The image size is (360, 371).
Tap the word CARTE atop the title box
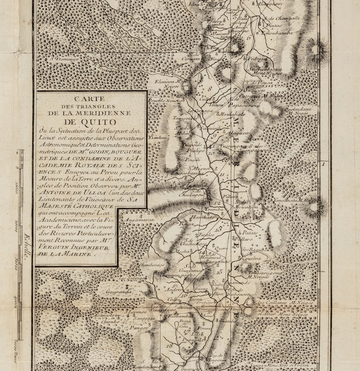coord(92,98)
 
